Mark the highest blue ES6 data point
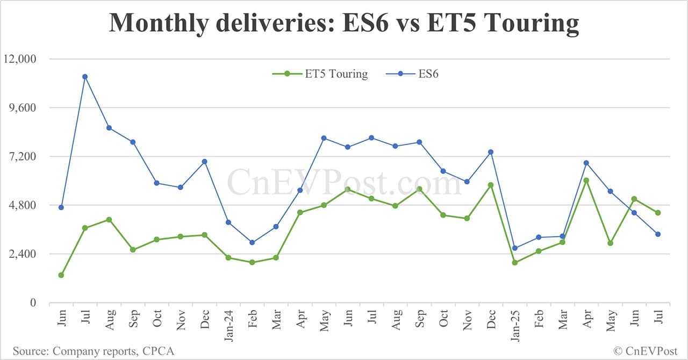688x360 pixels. (85, 76)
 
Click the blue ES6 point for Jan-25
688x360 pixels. (514, 248)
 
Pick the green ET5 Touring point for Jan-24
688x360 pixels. (228, 258)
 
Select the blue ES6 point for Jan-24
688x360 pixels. (228, 222)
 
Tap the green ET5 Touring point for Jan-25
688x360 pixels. (514, 263)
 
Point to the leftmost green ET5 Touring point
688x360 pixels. (61, 275)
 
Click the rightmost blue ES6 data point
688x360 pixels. (657, 234)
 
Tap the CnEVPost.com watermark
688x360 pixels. (344, 183)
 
